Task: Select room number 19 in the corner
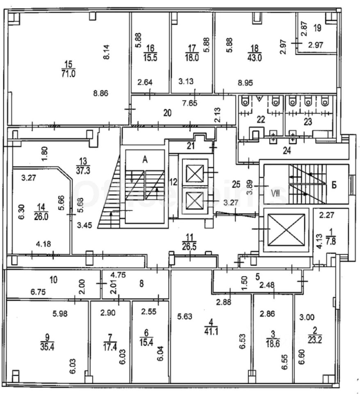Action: tap(317, 28)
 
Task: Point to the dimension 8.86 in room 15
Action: tap(100, 93)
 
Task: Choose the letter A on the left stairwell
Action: tap(144, 160)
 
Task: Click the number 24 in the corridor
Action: tap(287, 151)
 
